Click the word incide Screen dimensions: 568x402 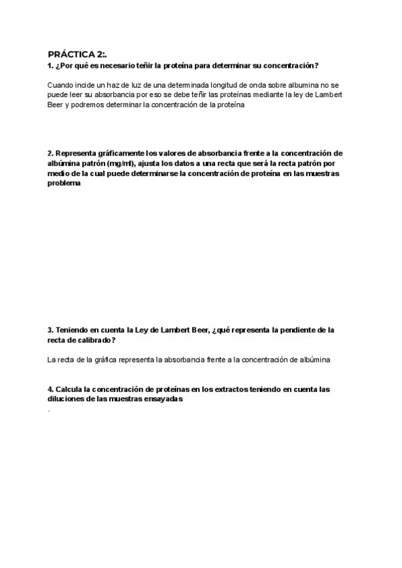[90, 85]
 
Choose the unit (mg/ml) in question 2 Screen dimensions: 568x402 [119, 163]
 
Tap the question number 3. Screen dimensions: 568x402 [51, 330]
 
